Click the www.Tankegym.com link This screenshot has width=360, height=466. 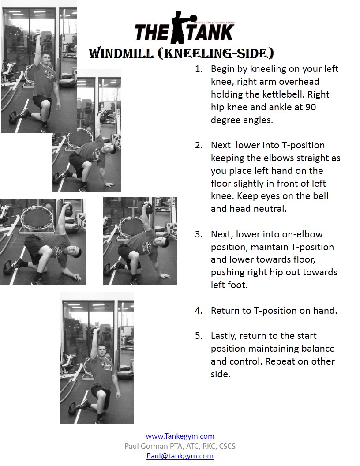[x=180, y=436]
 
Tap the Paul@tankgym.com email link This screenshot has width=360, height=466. [x=180, y=456]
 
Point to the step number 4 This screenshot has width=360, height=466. [x=198, y=311]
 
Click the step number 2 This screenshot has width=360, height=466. [x=198, y=145]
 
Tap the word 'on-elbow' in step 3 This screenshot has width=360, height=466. [x=303, y=234]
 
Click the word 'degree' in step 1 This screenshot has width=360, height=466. [x=225, y=120]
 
